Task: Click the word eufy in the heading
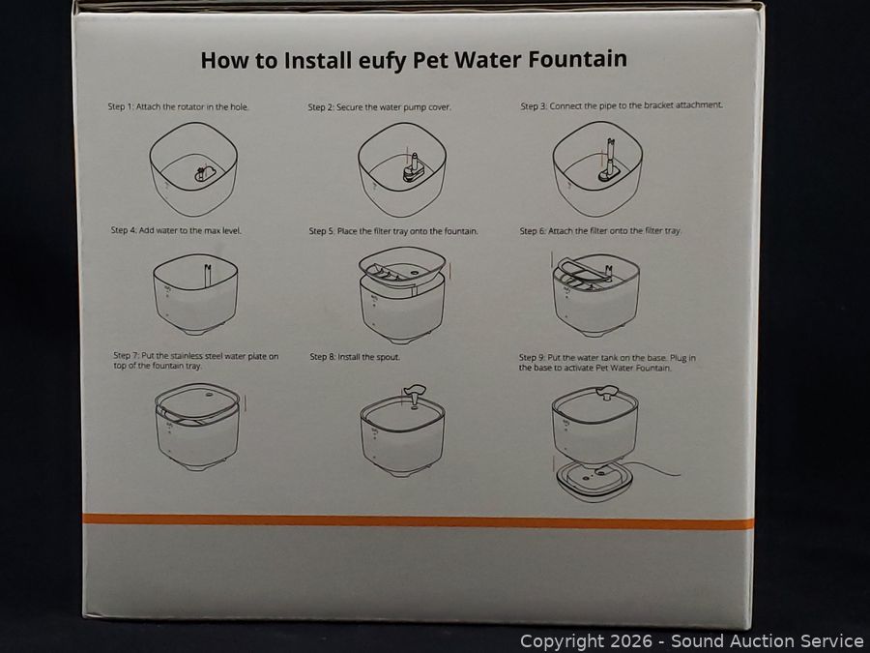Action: (x=382, y=61)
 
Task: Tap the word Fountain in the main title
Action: (x=577, y=59)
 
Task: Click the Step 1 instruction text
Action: (x=178, y=106)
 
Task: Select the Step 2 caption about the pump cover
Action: (x=380, y=106)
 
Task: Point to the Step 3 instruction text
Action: (x=622, y=105)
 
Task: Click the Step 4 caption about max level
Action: (x=177, y=230)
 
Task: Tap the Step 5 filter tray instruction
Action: (x=393, y=230)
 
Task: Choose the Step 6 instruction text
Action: (x=600, y=230)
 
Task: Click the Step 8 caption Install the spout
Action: (x=355, y=356)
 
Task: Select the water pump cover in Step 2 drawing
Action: (x=414, y=170)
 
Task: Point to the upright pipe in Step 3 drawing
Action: (x=610, y=156)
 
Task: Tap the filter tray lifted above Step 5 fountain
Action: (x=402, y=267)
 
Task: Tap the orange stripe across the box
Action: (x=419, y=520)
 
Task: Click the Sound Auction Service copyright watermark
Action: (x=691, y=641)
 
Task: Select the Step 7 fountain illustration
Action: (x=197, y=427)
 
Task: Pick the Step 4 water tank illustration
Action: (x=195, y=294)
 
